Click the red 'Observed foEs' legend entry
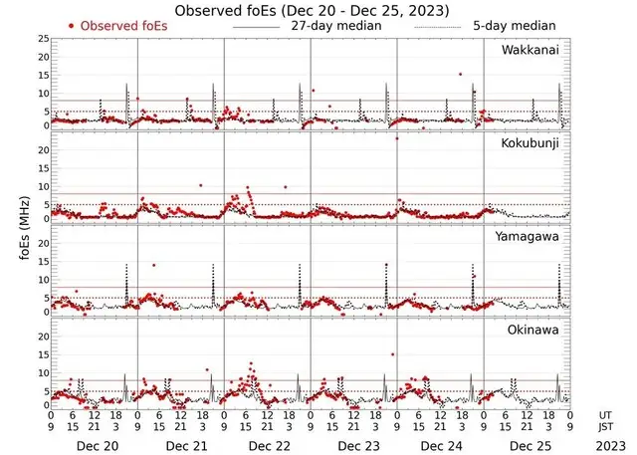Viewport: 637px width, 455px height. (117, 25)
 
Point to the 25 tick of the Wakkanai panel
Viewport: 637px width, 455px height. (44, 38)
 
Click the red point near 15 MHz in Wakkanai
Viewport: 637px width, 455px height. (460, 74)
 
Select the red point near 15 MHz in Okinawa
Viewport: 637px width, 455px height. (393, 354)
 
